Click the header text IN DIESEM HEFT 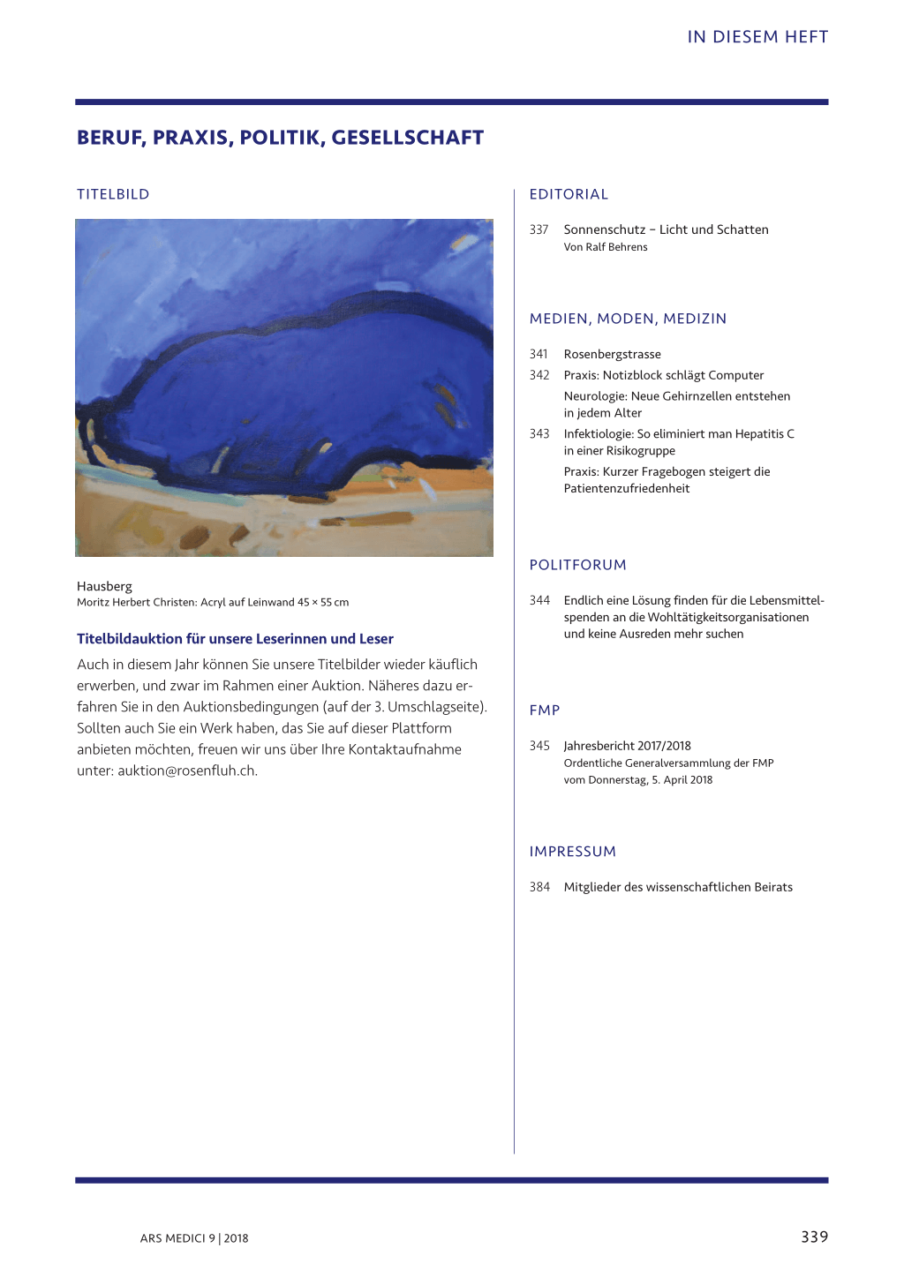pyautogui.click(x=757, y=37)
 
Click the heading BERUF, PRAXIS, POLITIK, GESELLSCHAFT pyautogui.click(x=280, y=138)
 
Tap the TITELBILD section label pyautogui.click(x=113, y=194)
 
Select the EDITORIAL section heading pyautogui.click(x=569, y=194)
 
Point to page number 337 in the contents pyautogui.click(x=539, y=229)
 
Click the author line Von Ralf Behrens pyautogui.click(x=606, y=247)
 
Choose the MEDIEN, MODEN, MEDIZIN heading pyautogui.click(x=628, y=319)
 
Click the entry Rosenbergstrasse pyautogui.click(x=612, y=354)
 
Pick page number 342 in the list pyautogui.click(x=539, y=375)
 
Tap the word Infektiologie pyautogui.click(x=598, y=434)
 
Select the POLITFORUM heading pyautogui.click(x=577, y=565)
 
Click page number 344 pyautogui.click(x=539, y=600)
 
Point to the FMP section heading pyautogui.click(x=545, y=710)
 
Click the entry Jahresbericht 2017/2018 pyautogui.click(x=627, y=746)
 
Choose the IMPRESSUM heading pyautogui.click(x=572, y=852)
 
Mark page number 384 pyautogui.click(x=539, y=887)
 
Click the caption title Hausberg pyautogui.click(x=104, y=586)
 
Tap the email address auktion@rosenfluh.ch pyautogui.click(x=187, y=771)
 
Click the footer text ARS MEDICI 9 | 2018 pyautogui.click(x=194, y=1238)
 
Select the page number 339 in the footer pyautogui.click(x=814, y=1237)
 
